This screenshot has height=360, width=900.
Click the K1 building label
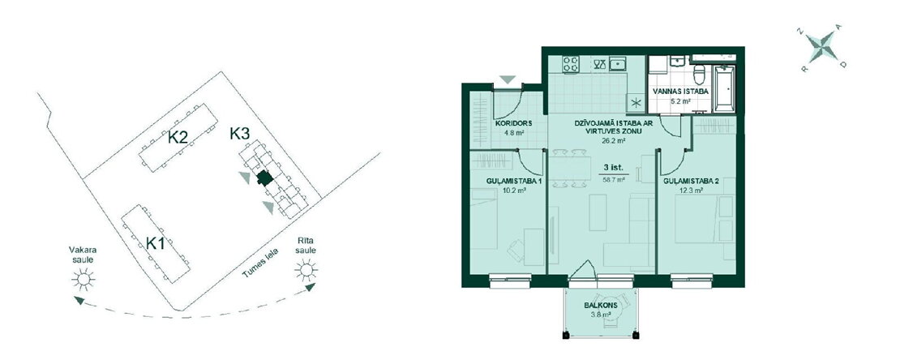pos(155,243)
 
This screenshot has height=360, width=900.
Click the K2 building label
pos(178,138)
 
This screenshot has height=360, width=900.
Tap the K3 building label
pos(239,134)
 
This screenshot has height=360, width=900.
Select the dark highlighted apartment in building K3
pos(264,178)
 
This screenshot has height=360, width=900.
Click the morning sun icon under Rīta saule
pos(306,269)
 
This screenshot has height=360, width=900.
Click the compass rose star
pos(821,47)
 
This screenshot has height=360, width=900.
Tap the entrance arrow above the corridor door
pos(508,79)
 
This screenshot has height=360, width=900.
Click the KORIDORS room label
pos(514,123)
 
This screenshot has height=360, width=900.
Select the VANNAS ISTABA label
pos(680,92)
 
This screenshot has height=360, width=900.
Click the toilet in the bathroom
pos(699,74)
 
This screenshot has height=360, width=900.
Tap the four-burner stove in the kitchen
pos(570,64)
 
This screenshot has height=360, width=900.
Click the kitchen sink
pos(618,63)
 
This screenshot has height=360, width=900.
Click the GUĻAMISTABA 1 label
pos(514,182)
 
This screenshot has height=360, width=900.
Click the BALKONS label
pos(601,306)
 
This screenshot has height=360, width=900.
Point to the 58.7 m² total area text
pos(613,179)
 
